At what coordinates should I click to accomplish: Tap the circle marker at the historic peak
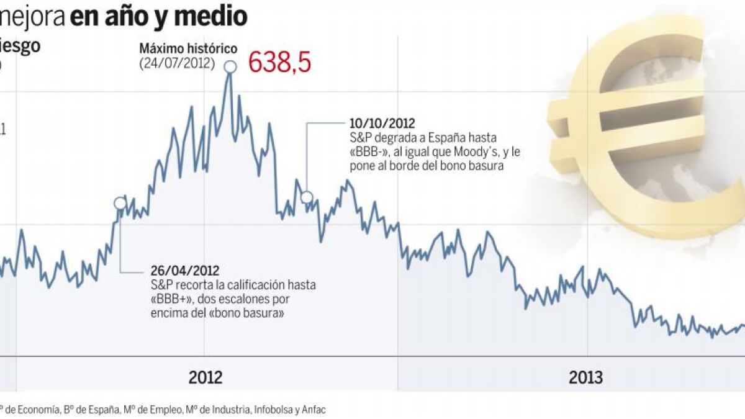(x=230, y=66)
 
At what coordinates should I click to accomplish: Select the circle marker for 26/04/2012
(x=120, y=203)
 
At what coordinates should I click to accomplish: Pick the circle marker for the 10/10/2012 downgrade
(x=307, y=197)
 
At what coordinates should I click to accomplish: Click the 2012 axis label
(x=205, y=377)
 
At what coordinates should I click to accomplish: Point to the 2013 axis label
(x=585, y=377)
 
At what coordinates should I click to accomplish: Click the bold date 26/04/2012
(x=185, y=271)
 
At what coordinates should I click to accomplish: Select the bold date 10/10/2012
(x=382, y=124)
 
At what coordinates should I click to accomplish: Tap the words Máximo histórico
(x=179, y=48)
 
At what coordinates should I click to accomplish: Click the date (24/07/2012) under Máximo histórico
(x=177, y=63)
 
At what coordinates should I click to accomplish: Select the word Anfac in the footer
(x=314, y=410)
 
